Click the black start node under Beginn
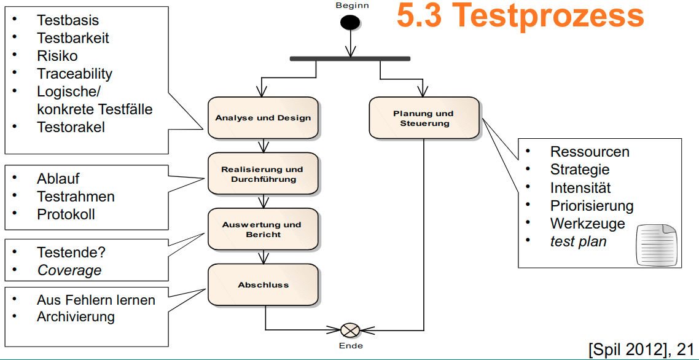point(350,22)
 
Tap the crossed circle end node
point(349,331)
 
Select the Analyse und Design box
point(263,117)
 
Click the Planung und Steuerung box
point(424,118)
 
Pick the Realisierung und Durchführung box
point(263,174)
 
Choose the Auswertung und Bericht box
point(263,229)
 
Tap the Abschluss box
point(263,284)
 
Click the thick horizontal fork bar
point(350,59)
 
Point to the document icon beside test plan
point(656,245)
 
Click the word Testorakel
point(71,127)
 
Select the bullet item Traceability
point(74,74)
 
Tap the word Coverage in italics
point(69,270)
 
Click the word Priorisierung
point(592,206)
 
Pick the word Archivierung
point(76,317)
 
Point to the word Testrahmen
point(76,197)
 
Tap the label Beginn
point(352,5)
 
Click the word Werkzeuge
point(587,224)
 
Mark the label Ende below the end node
point(351,346)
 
